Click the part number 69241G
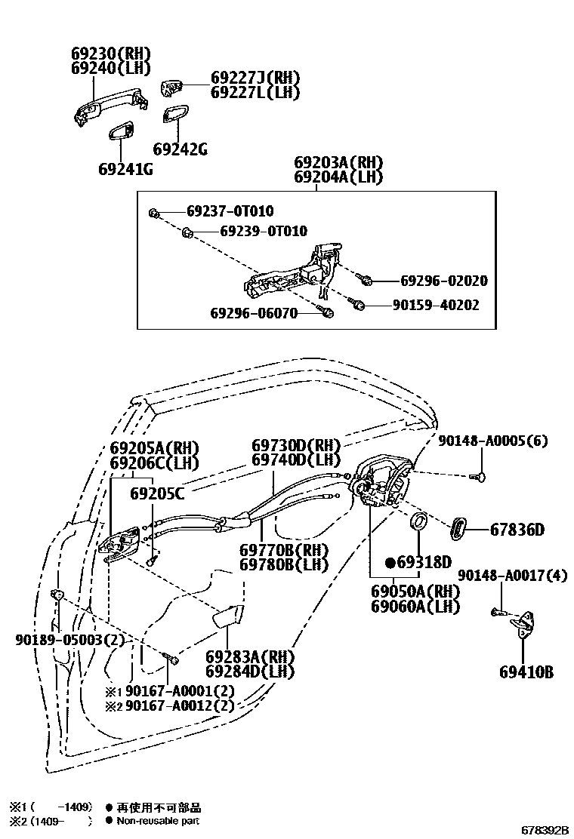[125, 169]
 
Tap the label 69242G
[180, 149]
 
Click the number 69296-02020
[443, 281]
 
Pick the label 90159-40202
[435, 306]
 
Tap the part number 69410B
[526, 671]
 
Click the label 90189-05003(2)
[69, 640]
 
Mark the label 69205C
[157, 494]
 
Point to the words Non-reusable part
[159, 821]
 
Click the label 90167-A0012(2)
[169, 706]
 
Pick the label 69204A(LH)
[338, 178]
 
